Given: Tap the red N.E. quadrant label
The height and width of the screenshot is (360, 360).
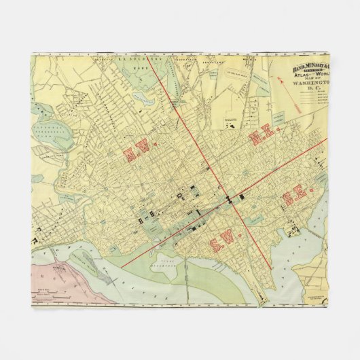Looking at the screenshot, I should [x=263, y=137].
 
